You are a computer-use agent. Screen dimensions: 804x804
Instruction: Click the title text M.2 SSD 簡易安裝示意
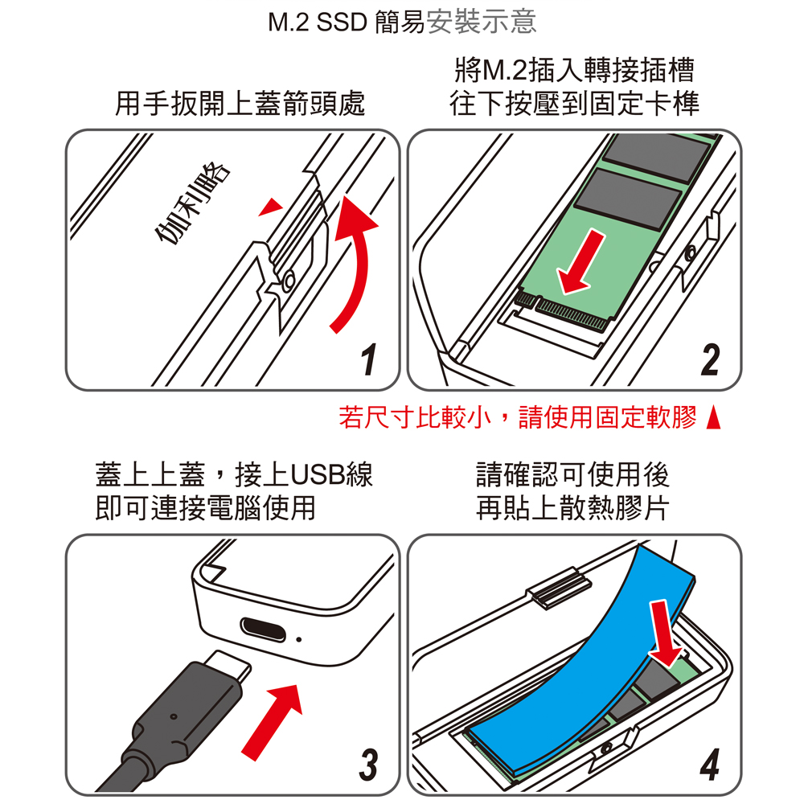[x=403, y=23]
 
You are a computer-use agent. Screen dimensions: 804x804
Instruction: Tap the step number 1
[x=368, y=359]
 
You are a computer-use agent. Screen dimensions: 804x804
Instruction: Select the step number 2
[x=710, y=359]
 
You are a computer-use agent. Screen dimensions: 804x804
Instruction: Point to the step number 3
[x=368, y=765]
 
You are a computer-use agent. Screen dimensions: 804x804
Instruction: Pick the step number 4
[x=710, y=765]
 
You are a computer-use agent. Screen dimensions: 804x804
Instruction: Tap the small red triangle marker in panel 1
[x=271, y=207]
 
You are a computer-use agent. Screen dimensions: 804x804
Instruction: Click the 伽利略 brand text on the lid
[x=192, y=203]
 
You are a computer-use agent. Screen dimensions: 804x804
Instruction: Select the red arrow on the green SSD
[x=581, y=263]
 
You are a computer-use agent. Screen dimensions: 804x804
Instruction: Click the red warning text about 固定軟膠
[x=518, y=416]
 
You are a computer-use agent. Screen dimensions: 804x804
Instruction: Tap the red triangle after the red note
[x=713, y=417]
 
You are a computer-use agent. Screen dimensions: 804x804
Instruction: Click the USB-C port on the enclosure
[x=264, y=629]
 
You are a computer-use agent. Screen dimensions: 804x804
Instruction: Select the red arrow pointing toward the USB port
[x=273, y=722]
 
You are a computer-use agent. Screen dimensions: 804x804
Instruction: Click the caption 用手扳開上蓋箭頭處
[x=240, y=103]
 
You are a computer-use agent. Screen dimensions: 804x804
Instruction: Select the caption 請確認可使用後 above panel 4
[x=572, y=474]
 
